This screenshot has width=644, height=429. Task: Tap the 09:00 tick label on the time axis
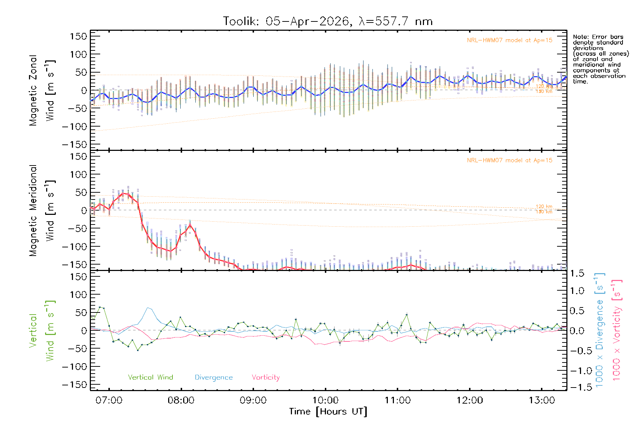coord(253,400)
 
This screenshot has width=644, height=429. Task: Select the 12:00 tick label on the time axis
coord(469,400)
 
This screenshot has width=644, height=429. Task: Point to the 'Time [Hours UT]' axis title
coord(328,412)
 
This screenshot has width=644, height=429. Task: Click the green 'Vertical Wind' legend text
coord(150,378)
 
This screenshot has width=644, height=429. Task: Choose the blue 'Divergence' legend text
coord(214,378)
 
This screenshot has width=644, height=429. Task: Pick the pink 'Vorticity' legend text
coord(265,378)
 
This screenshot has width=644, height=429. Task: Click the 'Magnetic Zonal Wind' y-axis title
coord(42,90)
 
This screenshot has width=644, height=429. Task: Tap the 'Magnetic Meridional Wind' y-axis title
coord(42,211)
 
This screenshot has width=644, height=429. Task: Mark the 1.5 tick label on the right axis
coord(577,273)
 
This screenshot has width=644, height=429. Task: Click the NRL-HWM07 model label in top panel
coord(509,40)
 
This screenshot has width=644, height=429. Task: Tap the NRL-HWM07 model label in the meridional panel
coord(509,161)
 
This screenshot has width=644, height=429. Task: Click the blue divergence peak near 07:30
coord(148,307)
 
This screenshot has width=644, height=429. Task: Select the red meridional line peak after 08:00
coord(190,225)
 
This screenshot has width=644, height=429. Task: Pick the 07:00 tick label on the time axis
coord(109,400)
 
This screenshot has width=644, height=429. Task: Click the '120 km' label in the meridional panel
coord(544,207)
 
